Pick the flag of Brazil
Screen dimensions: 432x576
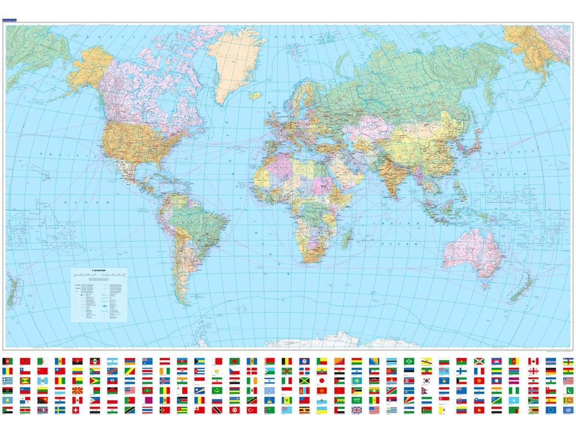point(409,361)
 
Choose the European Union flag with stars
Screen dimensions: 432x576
point(551,410)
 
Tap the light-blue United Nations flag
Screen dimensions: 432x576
point(568,410)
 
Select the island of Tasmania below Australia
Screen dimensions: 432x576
point(485,287)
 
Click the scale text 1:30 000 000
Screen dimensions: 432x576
point(99,271)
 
